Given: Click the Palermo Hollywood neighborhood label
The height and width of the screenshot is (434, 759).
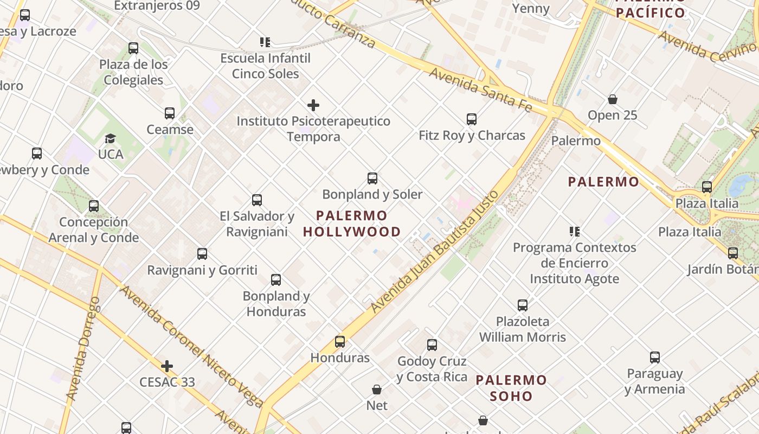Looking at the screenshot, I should click(352, 224).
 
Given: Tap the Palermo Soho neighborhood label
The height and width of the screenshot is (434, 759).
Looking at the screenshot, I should click(511, 388).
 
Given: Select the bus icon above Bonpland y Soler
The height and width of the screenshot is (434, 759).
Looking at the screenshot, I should click(372, 178).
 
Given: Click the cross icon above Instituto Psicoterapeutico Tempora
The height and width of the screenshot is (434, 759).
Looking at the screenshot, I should click(313, 105).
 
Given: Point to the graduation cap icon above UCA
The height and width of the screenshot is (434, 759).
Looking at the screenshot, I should click(111, 139).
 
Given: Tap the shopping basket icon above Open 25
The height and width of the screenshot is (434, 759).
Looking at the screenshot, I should click(613, 99).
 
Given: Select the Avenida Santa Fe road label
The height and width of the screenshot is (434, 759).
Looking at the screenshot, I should click(480, 90).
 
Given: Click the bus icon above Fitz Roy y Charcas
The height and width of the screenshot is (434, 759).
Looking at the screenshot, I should click(472, 119).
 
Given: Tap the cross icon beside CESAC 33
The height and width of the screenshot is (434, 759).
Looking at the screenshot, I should click(167, 366).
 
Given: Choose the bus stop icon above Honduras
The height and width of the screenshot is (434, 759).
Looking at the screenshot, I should click(340, 342).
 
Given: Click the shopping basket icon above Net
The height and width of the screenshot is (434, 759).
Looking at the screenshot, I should click(377, 390).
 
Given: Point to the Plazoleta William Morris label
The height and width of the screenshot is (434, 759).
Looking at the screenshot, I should click(523, 329).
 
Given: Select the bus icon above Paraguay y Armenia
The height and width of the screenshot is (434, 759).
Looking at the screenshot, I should click(655, 358).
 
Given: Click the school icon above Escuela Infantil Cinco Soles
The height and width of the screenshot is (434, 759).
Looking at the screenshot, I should click(265, 42).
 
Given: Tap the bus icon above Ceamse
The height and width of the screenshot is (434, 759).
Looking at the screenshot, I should click(170, 113).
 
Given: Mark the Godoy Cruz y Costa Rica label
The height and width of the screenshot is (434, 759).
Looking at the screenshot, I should click(432, 369).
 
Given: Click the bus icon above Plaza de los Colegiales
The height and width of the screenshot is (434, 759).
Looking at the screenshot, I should click(133, 48).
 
